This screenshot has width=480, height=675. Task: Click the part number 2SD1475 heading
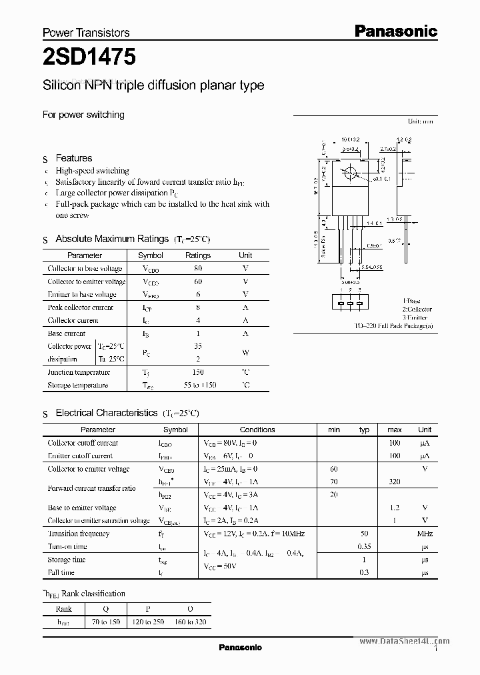89,57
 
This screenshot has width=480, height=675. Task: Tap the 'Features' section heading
73,158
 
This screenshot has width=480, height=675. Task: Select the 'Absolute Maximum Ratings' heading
112,239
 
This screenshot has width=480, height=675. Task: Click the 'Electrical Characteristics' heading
107,414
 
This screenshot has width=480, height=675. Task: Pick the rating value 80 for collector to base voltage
198,268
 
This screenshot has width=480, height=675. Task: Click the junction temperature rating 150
198,372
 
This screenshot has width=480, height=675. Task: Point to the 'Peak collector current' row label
80,307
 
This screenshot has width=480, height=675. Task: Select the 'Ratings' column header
198,255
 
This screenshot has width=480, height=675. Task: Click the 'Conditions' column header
257,430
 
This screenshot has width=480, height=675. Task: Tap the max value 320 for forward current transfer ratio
394,482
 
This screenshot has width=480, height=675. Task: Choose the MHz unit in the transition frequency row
425,534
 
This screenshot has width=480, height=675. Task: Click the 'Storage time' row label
67,560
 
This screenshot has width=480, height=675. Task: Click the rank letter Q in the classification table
106,608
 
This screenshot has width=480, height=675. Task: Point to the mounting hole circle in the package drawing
348,174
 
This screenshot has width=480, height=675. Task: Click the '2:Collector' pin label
417,309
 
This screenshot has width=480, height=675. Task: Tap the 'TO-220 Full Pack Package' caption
394,325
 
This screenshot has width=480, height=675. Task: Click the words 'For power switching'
83,115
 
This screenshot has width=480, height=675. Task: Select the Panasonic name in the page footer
241,648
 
